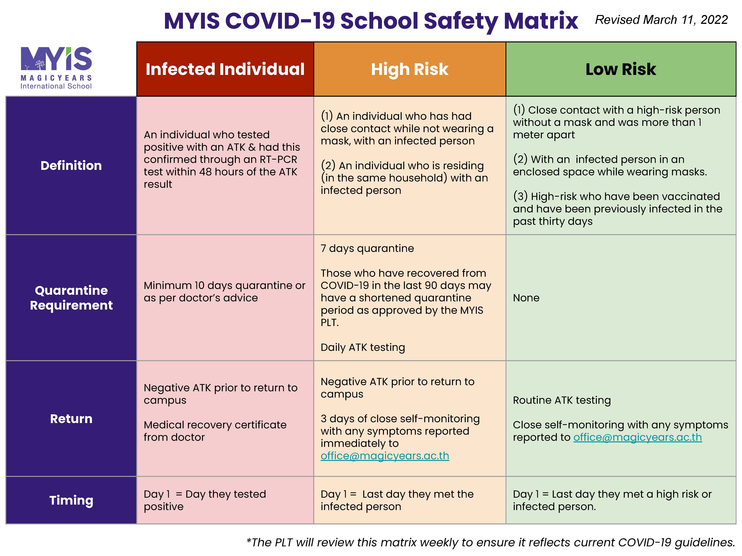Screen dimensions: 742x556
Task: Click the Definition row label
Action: coord(71,166)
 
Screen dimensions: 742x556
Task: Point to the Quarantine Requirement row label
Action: coord(71,298)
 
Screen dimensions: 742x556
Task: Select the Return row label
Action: coord(71,419)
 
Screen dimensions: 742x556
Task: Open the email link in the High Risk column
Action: coord(385,456)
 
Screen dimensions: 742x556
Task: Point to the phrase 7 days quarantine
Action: coord(367,248)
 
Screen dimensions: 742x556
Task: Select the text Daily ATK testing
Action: coord(363,347)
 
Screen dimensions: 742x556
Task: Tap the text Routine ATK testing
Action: coord(562,400)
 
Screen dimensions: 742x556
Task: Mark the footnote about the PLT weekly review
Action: coord(490,542)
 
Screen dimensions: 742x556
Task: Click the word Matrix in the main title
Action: coord(541,21)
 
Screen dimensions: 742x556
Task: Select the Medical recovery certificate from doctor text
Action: coord(215,431)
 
